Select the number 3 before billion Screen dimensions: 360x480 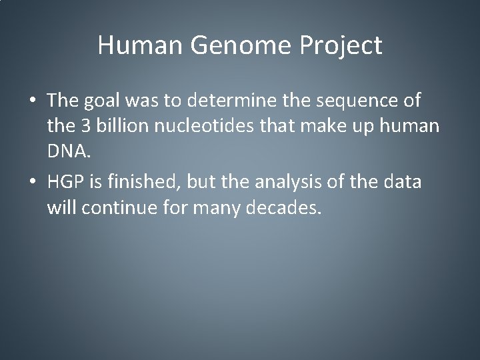pyautogui.click(x=86, y=127)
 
